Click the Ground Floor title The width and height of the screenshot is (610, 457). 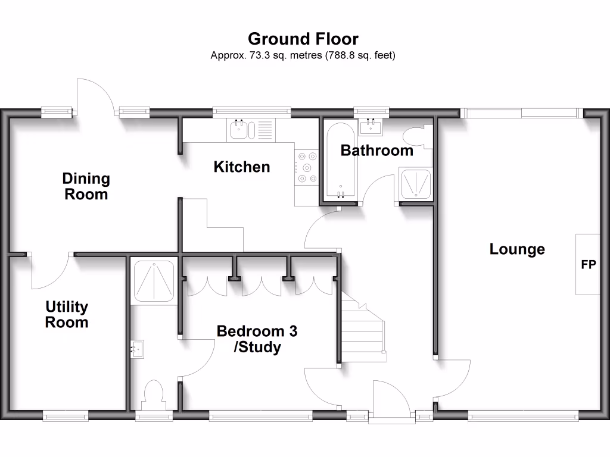point(303,39)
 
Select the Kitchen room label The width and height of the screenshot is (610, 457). point(242,167)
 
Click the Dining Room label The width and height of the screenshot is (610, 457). point(86,186)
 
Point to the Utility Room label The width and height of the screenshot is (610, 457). point(67,314)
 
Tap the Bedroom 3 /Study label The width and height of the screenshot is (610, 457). point(257,339)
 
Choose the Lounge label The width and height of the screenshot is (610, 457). point(517,249)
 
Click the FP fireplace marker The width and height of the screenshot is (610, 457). point(588,265)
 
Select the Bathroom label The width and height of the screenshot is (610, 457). point(376,151)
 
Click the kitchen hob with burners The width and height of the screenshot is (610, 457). point(307,167)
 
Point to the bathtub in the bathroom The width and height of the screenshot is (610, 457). point(340,161)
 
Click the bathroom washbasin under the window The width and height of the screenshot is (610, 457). point(371,126)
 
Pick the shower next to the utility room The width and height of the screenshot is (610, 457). point(154,281)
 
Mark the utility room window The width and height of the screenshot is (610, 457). point(66,416)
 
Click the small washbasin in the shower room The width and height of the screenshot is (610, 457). point(137,349)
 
